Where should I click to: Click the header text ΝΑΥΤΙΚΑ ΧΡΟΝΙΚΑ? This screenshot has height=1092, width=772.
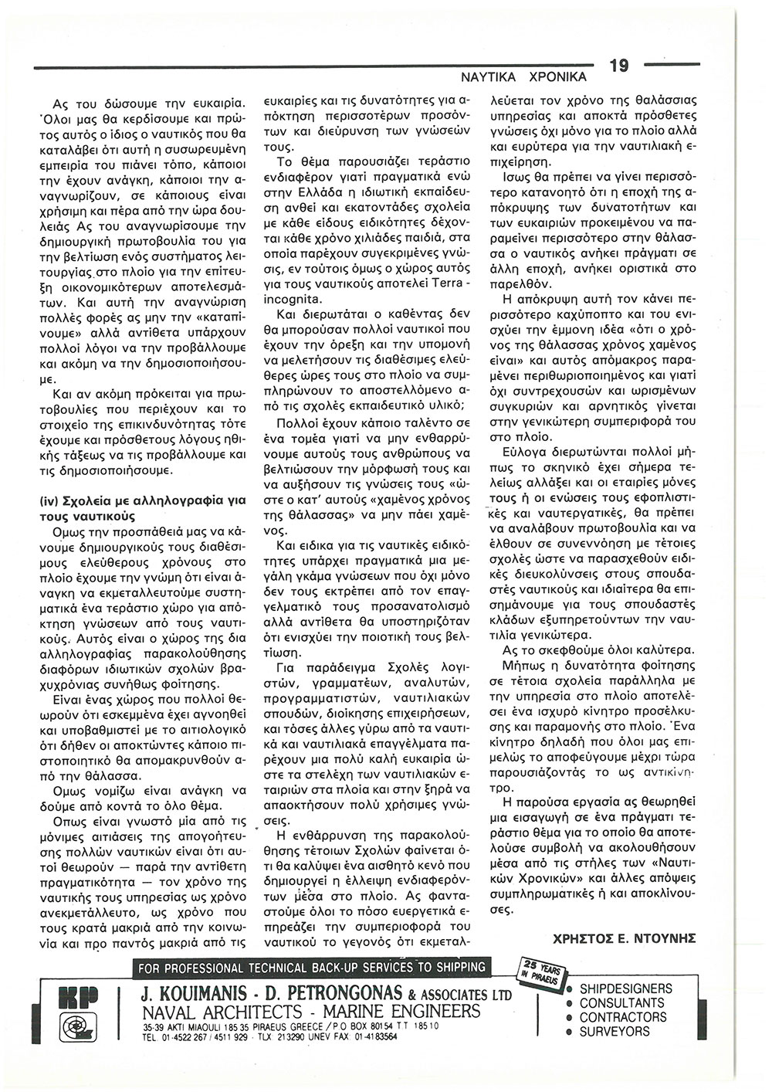523,78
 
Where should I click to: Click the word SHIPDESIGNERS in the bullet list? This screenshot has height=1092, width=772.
625,989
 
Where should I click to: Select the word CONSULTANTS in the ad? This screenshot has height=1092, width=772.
621,1003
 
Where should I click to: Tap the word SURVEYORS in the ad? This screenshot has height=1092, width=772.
615,1032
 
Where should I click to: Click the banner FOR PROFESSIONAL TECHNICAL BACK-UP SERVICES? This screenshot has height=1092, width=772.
310,967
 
